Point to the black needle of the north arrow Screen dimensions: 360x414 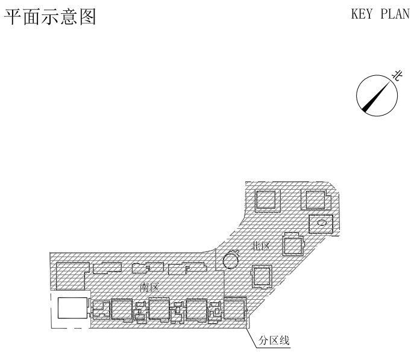click(374, 99)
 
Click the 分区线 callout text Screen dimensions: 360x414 click(274, 341)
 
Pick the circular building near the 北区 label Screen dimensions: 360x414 click(230, 260)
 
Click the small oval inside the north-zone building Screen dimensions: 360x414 click(322, 223)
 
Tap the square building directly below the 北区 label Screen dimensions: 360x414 click(262, 276)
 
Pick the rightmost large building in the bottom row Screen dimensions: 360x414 click(235, 310)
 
